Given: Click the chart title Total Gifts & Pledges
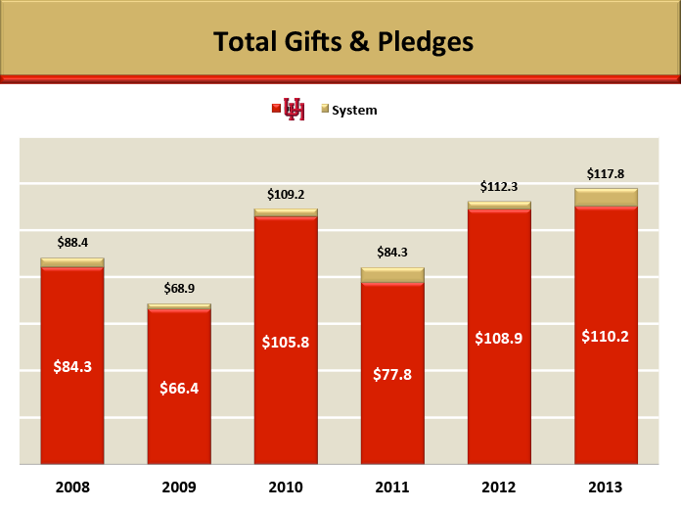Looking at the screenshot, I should pos(342,42).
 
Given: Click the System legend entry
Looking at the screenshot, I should pos(353,111).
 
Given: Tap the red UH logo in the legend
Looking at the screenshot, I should pos(294,110).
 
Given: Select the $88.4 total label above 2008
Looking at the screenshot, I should pos(72,242).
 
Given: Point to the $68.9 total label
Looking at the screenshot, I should pos(179,289).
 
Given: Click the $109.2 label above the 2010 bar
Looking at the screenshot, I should pos(286,194).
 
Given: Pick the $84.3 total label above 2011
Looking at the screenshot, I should pos(392,252).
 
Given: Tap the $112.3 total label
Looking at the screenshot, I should pos(499,186).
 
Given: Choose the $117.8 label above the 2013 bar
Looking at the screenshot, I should pos(606,173).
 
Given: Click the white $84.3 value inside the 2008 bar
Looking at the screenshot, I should pos(72,367).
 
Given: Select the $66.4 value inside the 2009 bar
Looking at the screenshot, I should pos(179,388).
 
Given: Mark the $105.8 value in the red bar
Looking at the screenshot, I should pos(286,342).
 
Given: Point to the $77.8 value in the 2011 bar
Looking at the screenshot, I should pos(392,374).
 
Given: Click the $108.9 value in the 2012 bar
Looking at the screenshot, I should pos(499,338).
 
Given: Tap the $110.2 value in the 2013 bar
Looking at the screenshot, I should pos(606,336).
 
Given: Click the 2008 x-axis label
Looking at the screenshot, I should pos(72,487).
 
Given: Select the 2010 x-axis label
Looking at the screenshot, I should pos(286,487).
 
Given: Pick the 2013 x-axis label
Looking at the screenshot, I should pos(606,487).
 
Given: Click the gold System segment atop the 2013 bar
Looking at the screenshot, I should pos(606,198).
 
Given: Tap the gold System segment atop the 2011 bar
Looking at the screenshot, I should pos(392,275).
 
